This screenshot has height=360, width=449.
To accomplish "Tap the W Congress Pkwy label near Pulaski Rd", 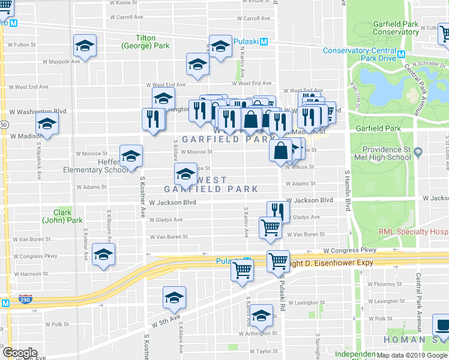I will point(349,250).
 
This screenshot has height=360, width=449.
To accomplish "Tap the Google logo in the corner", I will point(20,353).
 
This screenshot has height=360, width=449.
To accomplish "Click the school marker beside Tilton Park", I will point(85,46).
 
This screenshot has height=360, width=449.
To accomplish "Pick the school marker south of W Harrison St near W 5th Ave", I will point(174,298).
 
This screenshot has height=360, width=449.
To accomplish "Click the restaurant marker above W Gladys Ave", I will point(278,211).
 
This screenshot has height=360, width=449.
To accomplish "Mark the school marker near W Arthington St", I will point(261,315).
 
